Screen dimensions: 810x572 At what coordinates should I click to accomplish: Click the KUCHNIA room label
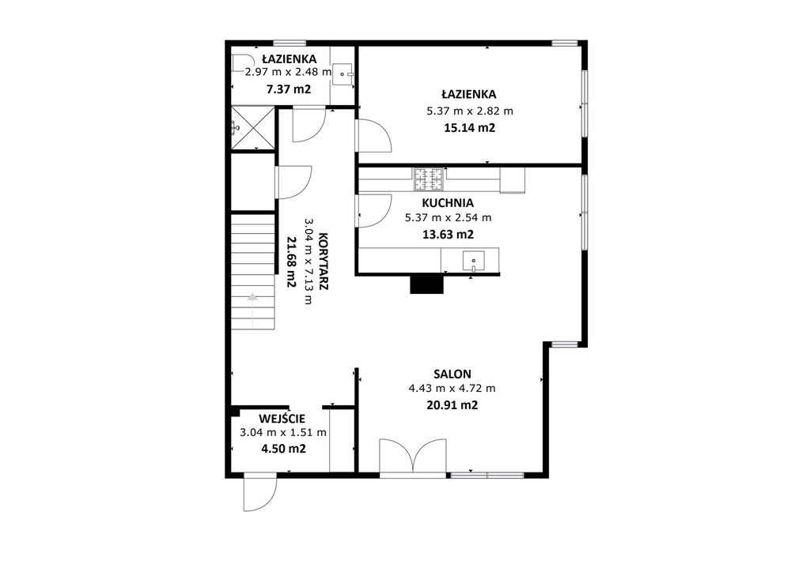[448, 203]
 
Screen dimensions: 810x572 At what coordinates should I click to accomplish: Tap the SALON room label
[452, 374]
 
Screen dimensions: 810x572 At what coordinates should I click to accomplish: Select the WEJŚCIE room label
[282, 418]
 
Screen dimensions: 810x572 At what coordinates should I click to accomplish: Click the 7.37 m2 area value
[288, 89]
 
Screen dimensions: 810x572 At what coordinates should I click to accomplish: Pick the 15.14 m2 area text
[470, 128]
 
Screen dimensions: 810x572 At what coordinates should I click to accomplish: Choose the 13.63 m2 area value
[448, 235]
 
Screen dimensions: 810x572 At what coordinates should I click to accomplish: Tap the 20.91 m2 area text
[452, 405]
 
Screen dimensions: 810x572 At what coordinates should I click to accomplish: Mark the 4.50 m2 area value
[283, 449]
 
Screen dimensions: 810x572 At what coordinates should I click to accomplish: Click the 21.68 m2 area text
[291, 262]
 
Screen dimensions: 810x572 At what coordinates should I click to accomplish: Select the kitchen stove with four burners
[428, 179]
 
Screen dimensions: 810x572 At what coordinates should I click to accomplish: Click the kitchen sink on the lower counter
[473, 261]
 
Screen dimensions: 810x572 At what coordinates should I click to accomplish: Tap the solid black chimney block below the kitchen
[426, 284]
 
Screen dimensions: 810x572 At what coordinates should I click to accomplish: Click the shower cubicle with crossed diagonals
[252, 127]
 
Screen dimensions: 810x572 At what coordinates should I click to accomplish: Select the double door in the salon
[412, 456]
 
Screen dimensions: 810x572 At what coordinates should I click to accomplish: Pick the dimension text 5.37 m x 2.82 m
[470, 111]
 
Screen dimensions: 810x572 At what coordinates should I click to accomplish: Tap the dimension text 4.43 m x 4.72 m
[452, 389]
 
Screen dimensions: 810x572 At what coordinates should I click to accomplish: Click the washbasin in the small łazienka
[342, 73]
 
